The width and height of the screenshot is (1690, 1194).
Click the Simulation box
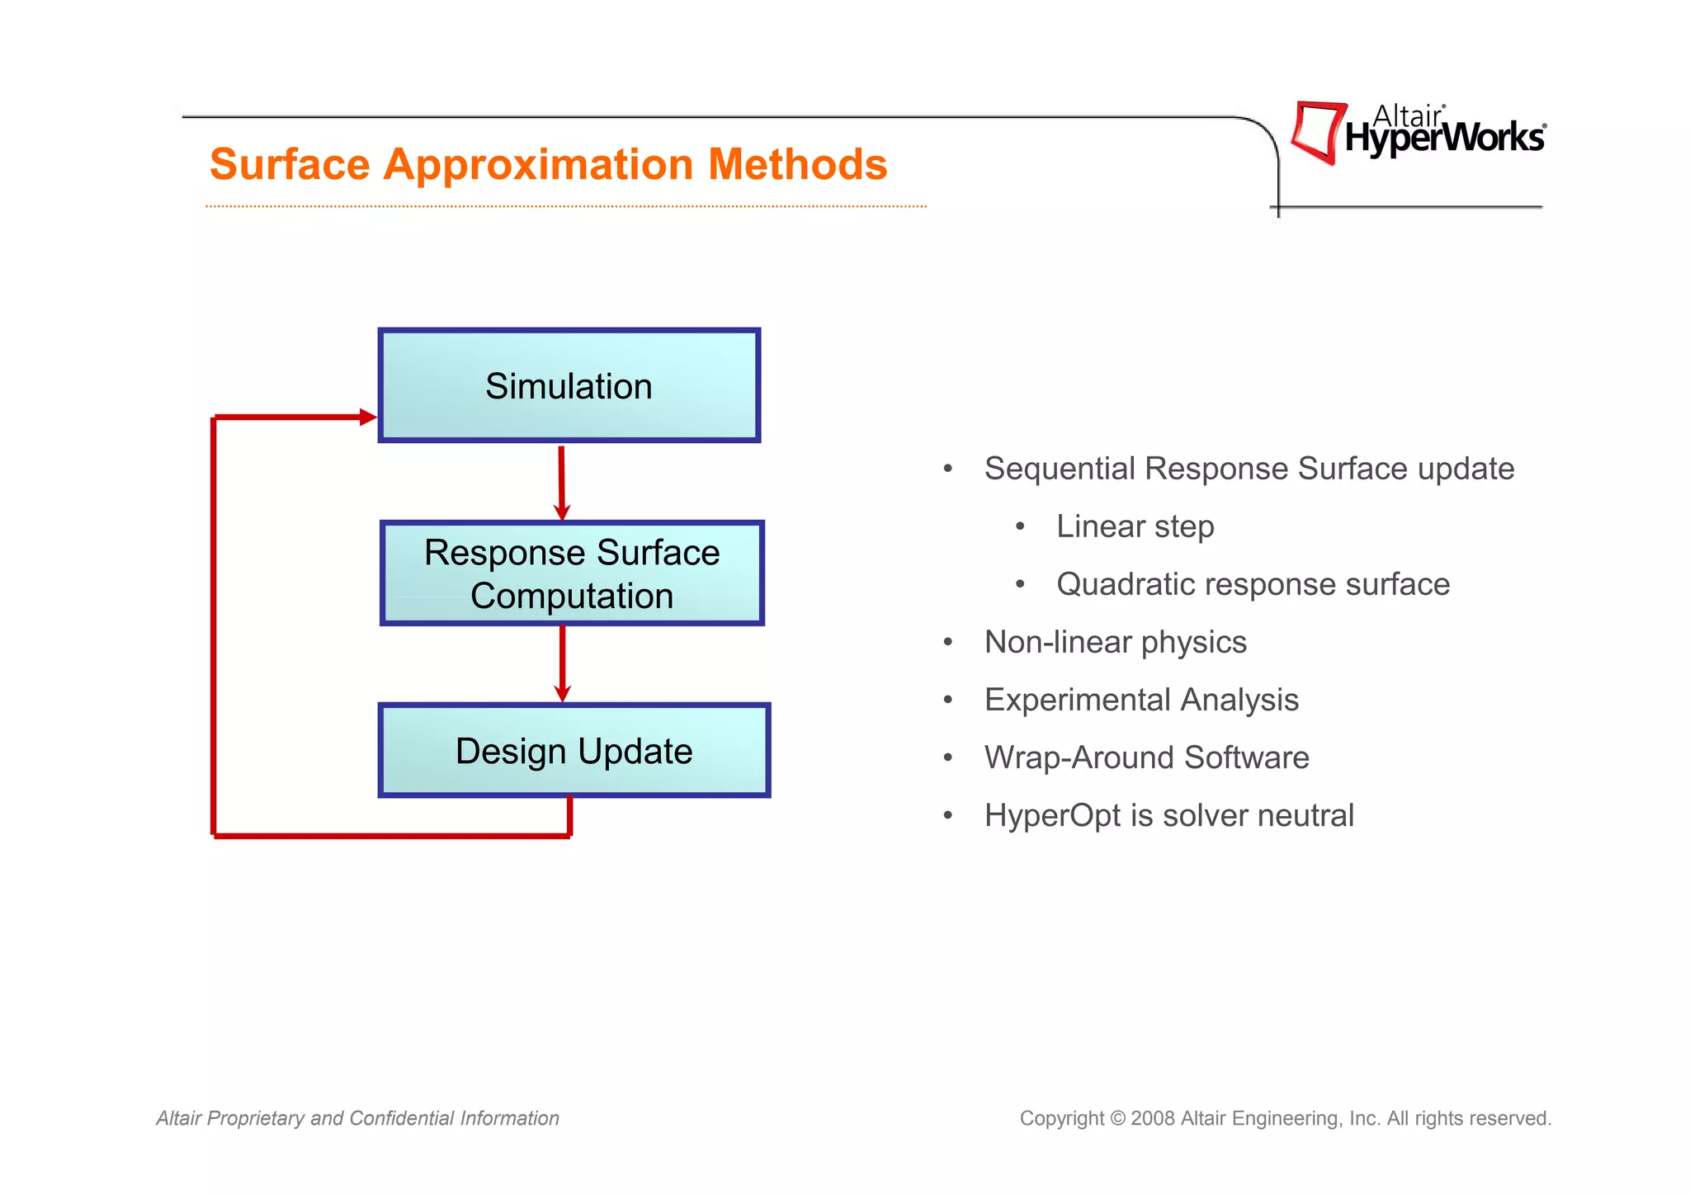pos(569,385)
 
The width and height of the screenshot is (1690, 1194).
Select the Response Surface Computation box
pos(572,573)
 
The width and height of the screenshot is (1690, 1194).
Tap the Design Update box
pos(574,750)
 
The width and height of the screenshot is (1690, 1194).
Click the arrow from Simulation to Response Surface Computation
pos(562,483)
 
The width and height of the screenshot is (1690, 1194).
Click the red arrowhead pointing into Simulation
pos(367,418)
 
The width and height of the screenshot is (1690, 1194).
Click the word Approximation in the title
pos(537,164)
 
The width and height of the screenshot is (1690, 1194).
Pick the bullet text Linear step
pos(1135,526)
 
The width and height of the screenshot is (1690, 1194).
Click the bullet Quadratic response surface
pos(1253,584)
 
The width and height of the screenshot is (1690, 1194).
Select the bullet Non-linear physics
pos(1115,642)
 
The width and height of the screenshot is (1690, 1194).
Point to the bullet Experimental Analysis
pos(1141,700)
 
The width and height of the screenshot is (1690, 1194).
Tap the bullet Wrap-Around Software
pos(1146,757)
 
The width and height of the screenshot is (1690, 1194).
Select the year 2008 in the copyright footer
pos(1152,1118)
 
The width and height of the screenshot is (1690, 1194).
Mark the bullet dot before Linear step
pos(1021,526)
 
